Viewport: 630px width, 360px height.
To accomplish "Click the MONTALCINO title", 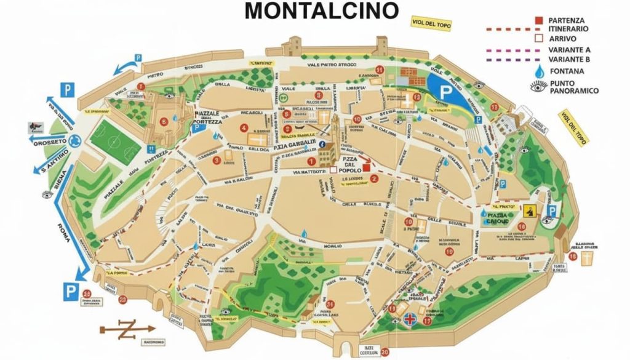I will point(321,10).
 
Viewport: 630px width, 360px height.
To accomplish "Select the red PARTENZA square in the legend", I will point(539,20).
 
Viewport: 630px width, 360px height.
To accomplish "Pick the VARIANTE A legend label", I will point(570,50).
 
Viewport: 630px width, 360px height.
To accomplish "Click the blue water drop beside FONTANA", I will point(540,71).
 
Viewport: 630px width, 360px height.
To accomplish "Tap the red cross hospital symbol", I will point(409,319).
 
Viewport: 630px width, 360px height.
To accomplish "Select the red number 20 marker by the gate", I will point(385,353).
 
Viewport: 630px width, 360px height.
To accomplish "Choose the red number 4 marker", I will point(244,128).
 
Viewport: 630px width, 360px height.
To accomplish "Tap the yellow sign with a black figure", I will point(529,211).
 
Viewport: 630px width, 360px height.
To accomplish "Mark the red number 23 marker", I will point(122,300).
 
